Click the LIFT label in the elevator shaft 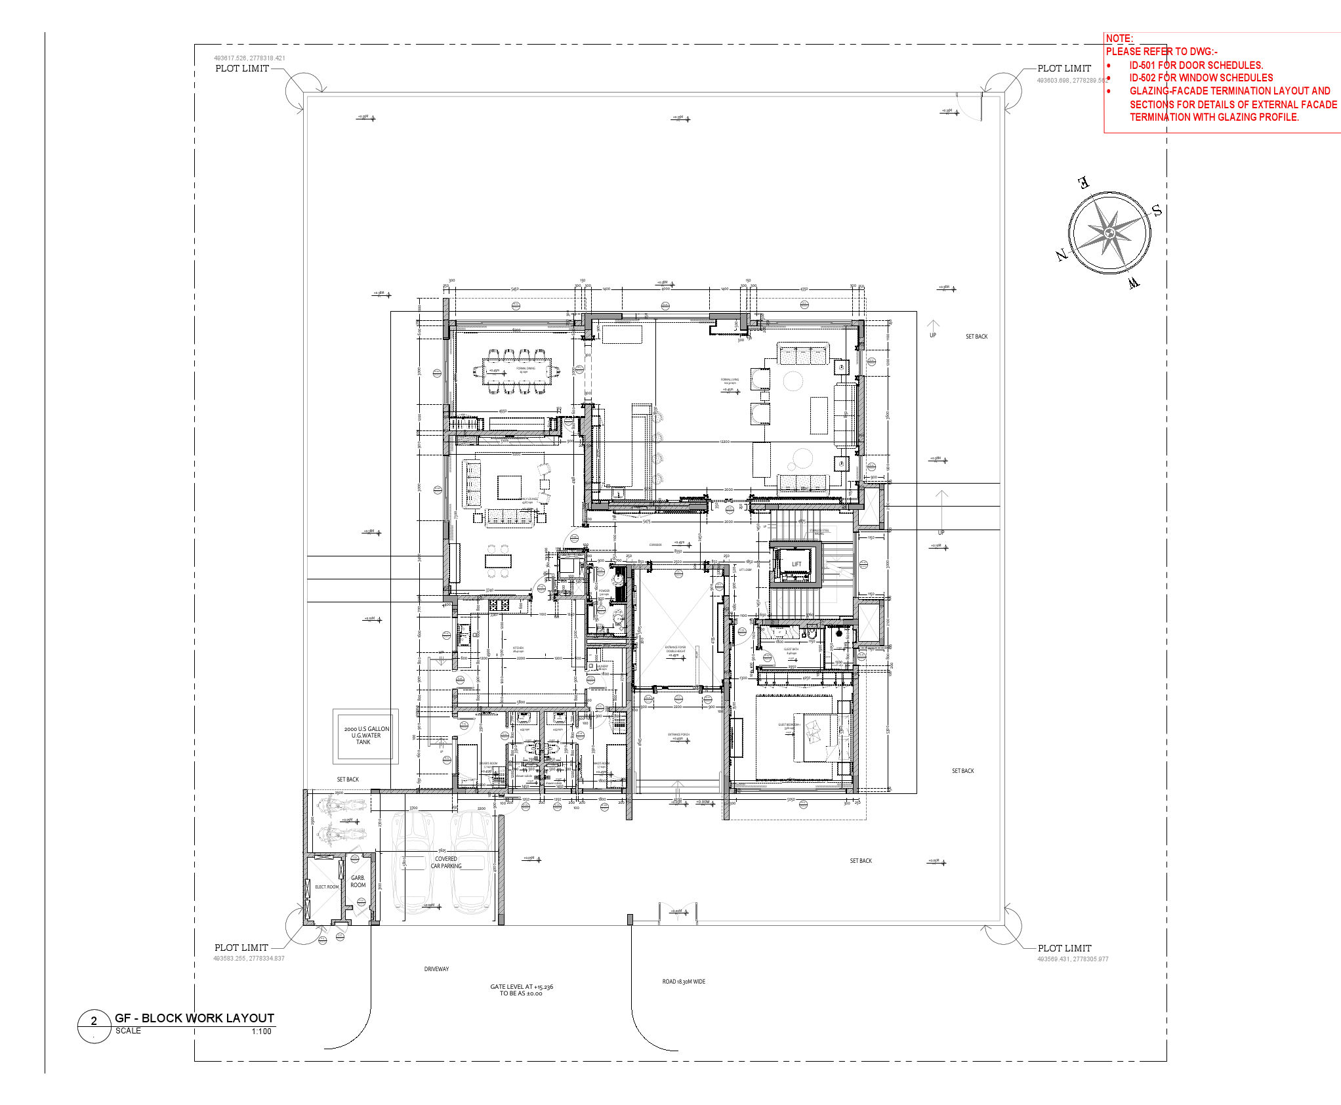[796, 564]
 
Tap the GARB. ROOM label [358, 881]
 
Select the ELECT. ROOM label [327, 887]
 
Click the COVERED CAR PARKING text [446, 862]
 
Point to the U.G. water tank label [366, 736]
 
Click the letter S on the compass [1157, 211]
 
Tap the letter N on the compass [1062, 255]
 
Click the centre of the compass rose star [1109, 233]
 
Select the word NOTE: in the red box [1119, 39]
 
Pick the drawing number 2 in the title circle [94, 1021]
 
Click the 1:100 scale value [261, 1032]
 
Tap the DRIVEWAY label [436, 969]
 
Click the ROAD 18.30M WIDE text [684, 982]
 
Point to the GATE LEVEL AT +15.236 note [522, 987]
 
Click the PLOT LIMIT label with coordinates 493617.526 [242, 68]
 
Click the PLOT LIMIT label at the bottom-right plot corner [1064, 948]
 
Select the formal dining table [516, 371]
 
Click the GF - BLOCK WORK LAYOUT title [194, 1018]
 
